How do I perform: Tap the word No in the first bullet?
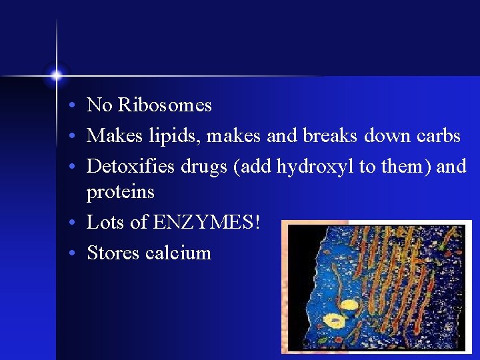(x=99, y=105)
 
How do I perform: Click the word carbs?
(x=438, y=136)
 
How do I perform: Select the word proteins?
(x=120, y=192)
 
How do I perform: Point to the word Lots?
(x=105, y=222)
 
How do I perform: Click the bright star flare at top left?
(x=57, y=75)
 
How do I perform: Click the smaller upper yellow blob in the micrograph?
(x=349, y=306)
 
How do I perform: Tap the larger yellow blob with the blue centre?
(x=334, y=321)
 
